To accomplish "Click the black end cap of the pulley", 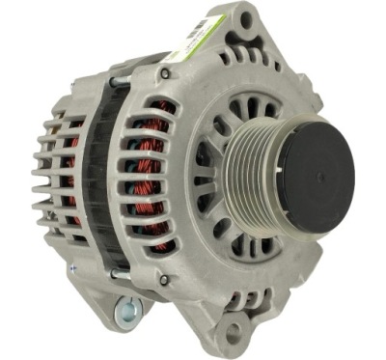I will click(x=315, y=176).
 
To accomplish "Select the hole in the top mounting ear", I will click(x=247, y=19).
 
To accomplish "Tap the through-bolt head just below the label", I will click(x=166, y=72).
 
